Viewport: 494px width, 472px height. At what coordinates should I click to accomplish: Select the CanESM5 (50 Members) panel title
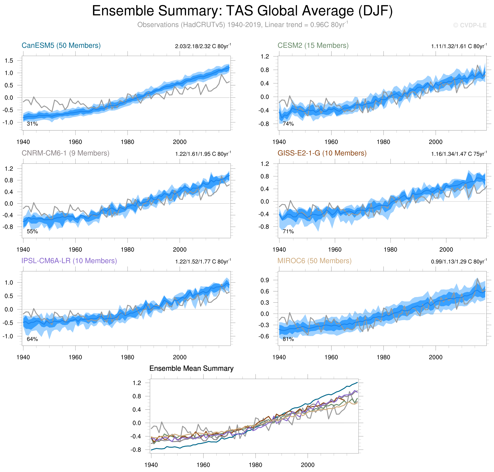click(x=61, y=45)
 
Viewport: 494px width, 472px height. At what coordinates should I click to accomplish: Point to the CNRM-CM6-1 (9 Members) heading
click(x=65, y=153)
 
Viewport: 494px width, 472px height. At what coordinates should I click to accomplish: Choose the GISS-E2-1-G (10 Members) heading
click(x=322, y=153)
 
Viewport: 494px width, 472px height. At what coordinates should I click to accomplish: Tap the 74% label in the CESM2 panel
click(x=288, y=124)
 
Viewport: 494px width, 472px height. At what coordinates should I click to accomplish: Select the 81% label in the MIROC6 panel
click(x=288, y=339)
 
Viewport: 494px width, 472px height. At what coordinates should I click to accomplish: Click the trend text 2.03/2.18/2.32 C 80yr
click(x=203, y=46)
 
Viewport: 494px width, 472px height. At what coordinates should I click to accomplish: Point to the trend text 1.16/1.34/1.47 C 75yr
click(x=459, y=154)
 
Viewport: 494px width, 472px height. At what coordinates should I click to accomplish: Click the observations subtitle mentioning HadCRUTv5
click(x=243, y=25)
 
